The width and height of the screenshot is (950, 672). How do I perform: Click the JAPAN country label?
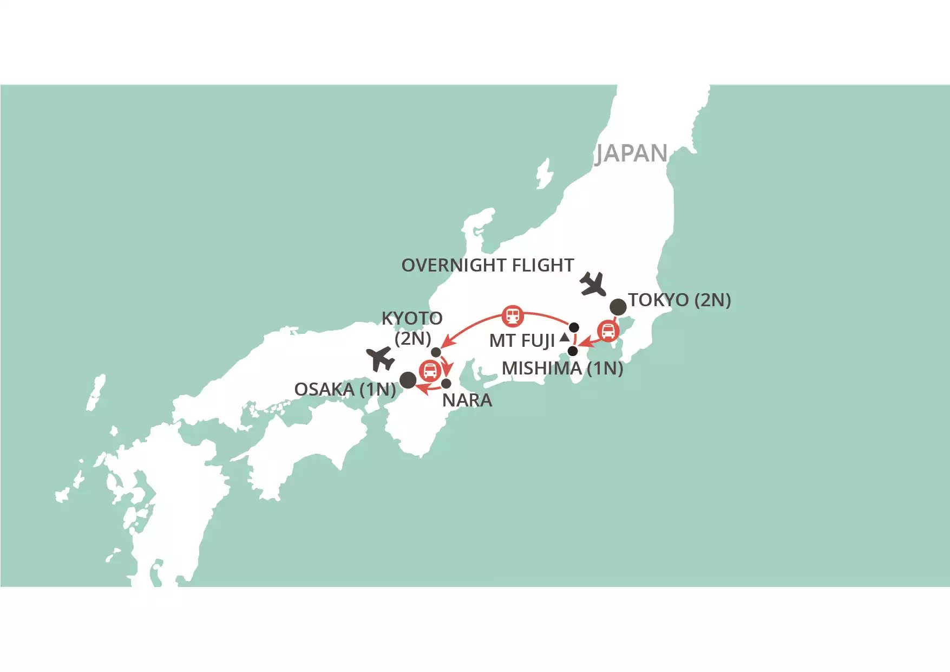[632, 153]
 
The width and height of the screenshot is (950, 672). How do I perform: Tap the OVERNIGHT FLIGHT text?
[487, 266]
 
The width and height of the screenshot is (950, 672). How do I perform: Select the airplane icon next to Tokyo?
[593, 284]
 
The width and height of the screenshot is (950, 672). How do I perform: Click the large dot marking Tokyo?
[618, 307]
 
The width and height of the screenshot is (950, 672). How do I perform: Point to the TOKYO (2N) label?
[679, 300]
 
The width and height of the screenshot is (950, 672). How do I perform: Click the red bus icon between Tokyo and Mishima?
[608, 331]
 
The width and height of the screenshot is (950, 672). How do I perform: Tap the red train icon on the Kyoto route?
[513, 315]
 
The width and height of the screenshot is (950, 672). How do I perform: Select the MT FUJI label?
[522, 341]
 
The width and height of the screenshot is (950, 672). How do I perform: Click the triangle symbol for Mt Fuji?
[565, 338]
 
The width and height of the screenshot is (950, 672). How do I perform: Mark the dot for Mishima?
[573, 351]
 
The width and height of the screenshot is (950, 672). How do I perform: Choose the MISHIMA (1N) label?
[562, 369]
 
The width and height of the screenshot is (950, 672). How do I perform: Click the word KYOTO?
[412, 318]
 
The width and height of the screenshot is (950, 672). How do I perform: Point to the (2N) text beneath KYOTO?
[412, 339]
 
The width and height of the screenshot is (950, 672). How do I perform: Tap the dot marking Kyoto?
[436, 352]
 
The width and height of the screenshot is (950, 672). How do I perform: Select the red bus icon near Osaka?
[430, 371]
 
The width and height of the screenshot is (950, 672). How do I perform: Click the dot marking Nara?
[446, 384]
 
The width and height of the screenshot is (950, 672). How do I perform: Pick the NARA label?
[467, 400]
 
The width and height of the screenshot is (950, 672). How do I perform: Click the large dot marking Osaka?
[408, 380]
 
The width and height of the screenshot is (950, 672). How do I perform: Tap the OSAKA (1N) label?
[345, 389]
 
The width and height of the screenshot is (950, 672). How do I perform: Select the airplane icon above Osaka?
[380, 359]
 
